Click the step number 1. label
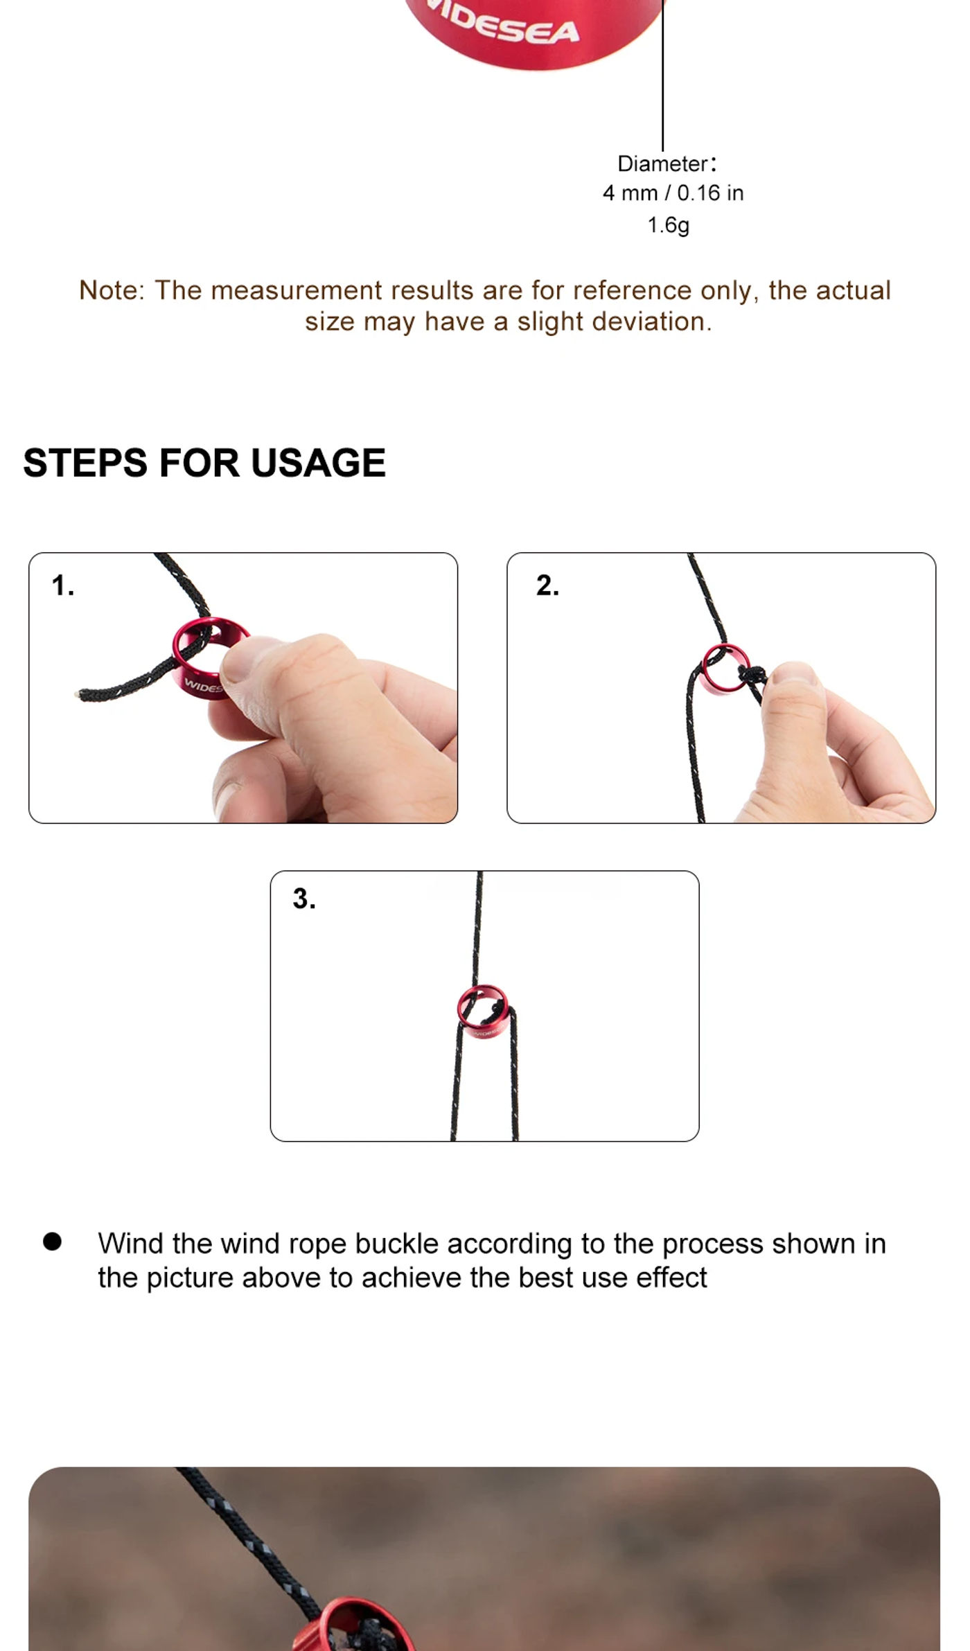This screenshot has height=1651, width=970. [x=62, y=585]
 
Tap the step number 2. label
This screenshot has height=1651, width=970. [x=547, y=585]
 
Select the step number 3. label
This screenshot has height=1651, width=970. [x=304, y=899]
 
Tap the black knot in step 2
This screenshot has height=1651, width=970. [x=751, y=676]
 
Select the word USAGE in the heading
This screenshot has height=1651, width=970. [x=318, y=463]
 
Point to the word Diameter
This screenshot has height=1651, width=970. [x=662, y=164]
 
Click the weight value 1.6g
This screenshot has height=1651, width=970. [x=668, y=225]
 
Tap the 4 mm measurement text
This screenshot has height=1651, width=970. [x=630, y=193]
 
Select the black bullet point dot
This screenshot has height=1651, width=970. [x=52, y=1242]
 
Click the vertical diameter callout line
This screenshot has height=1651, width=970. [x=663, y=76]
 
